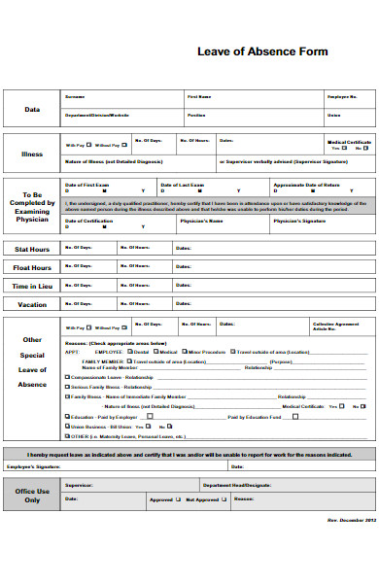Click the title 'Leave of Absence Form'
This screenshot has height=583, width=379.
pos(262,51)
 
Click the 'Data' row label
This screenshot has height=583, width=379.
pos(32,110)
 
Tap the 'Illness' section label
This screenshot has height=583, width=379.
pos(32,153)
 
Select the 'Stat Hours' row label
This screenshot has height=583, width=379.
pos(32,249)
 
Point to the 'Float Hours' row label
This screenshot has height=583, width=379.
pos(32,267)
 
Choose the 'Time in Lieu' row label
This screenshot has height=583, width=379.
pos(32,286)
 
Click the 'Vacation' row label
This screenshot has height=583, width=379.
pos(32,304)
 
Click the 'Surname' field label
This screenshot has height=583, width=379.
pos(74,97)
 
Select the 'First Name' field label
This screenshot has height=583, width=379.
pos(198,97)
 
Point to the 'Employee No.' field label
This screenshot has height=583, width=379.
pos(342,97)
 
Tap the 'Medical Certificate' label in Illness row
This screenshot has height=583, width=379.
pos(348,141)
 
